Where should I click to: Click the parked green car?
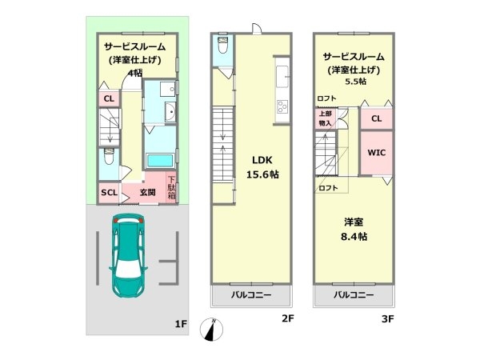coord(129,256)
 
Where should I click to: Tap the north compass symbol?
coord(211,330)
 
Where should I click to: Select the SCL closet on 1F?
coord(109,193)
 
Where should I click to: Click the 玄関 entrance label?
coord(147,193)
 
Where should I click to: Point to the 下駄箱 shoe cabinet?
coord(171,188)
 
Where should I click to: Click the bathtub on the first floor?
coord(159,161)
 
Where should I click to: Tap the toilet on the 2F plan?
coord(222,45)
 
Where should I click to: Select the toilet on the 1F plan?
coord(108,156)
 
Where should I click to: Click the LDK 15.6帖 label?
coord(262,167)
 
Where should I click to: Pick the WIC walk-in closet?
coord(376,153)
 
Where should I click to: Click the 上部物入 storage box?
coord(325,118)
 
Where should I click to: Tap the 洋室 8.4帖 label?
coord(354,230)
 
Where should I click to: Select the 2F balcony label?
coord(250,295)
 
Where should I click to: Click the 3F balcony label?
coord(354,295)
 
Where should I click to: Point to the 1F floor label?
coord(181,324)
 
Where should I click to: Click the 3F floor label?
coord(387,319)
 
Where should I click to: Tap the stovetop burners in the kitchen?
coord(282,106)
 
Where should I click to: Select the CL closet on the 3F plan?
coord(376,118)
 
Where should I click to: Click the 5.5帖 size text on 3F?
coord(356,82)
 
